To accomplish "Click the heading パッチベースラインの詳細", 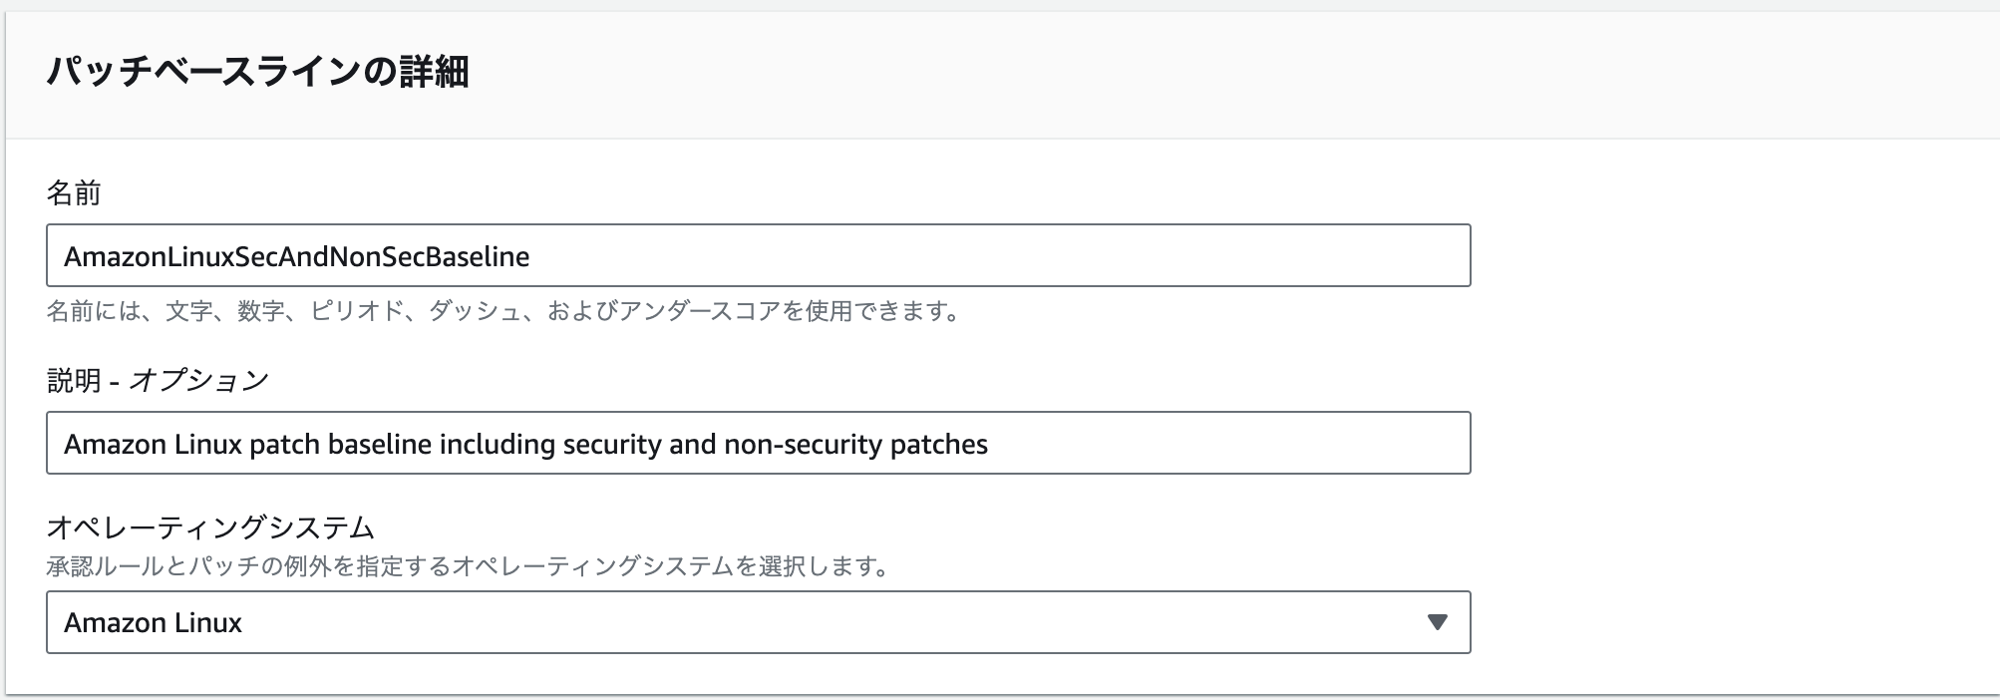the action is tap(257, 72).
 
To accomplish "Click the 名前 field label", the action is tap(74, 192).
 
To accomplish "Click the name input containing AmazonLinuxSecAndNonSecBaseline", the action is tap(758, 256).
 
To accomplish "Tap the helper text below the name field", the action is tap(502, 311).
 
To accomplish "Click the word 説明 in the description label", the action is tap(74, 380).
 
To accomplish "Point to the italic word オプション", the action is tap(199, 380).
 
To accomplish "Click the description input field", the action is tap(1196, 444).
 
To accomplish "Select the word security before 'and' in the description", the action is tap(612, 444).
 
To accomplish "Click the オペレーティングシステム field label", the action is tap(210, 525).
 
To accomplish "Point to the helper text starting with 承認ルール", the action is tap(467, 567).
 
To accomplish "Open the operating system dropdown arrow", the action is tap(1436, 622).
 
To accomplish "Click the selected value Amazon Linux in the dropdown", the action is tap(154, 622).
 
